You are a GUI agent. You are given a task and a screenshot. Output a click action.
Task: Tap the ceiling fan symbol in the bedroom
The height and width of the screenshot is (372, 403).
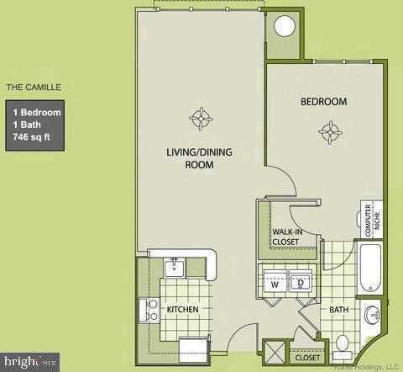click(x=331, y=131)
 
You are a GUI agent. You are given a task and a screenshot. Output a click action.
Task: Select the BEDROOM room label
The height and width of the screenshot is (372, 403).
click(x=324, y=102)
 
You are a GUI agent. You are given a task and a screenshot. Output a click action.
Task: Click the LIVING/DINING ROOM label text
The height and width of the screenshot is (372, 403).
click(x=199, y=158)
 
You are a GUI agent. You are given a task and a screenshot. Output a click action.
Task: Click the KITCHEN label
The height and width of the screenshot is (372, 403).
click(x=182, y=310)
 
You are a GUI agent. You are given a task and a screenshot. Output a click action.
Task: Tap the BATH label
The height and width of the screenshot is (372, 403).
click(x=338, y=310)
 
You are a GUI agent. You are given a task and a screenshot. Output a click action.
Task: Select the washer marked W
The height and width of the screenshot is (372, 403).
click(x=275, y=284)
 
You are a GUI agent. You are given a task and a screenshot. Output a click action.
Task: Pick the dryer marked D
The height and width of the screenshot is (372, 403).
click(x=301, y=284)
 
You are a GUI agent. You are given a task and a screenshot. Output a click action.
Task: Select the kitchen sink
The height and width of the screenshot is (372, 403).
click(x=175, y=268)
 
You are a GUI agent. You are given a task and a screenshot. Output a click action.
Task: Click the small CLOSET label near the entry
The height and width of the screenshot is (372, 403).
click(x=306, y=358)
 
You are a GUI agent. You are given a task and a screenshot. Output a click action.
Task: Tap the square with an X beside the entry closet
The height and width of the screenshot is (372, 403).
click(x=274, y=352)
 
